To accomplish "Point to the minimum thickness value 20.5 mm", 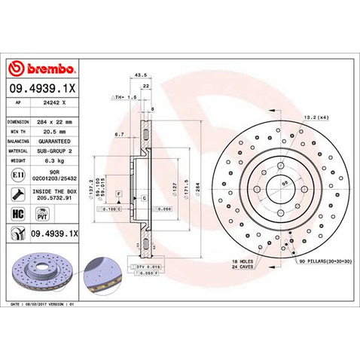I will tap(55, 130).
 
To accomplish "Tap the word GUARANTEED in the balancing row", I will tap(57, 140).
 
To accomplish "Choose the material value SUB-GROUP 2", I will tap(57, 150).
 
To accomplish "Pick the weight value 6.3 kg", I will tap(53, 160).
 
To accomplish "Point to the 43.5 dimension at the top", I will tap(139, 75).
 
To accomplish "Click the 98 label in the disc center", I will tap(285, 183).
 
